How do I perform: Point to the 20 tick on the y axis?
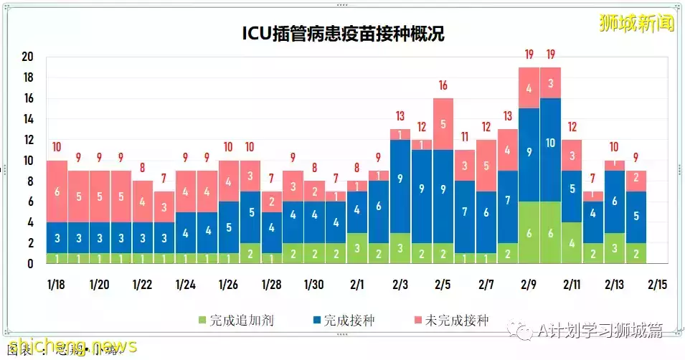(28, 57)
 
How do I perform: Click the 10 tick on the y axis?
(28, 161)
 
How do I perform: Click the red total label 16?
(443, 86)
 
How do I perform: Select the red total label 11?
(465, 138)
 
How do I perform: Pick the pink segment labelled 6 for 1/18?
(57, 191)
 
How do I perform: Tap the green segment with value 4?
(572, 243)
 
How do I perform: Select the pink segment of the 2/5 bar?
(443, 124)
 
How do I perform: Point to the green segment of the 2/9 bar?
(529, 232)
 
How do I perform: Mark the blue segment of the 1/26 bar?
(229, 227)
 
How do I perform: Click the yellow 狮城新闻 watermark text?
(637, 23)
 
